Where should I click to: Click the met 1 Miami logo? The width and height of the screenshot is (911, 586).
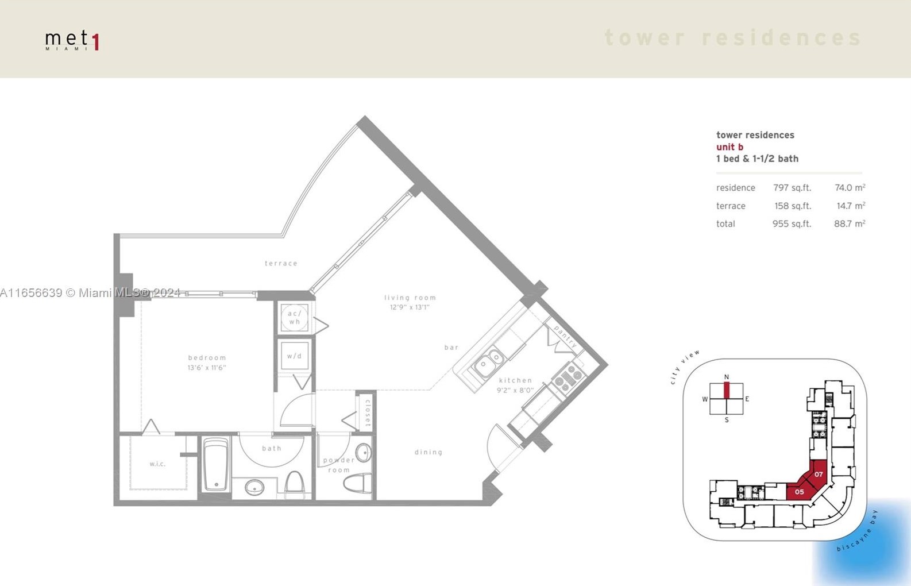click(72, 40)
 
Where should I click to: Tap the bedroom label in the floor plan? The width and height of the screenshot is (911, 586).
click(207, 357)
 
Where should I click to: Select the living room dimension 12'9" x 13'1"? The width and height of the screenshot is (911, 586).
click(409, 307)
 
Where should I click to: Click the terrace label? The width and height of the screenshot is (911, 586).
click(281, 263)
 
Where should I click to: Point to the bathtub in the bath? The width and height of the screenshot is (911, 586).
click(216, 464)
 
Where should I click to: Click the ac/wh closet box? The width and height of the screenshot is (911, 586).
click(294, 317)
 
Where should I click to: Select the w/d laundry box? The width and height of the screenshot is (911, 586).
click(294, 356)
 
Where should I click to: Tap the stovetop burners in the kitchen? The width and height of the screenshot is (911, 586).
click(569, 378)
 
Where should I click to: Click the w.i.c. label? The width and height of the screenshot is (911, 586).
click(157, 464)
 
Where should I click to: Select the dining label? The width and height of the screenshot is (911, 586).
click(429, 452)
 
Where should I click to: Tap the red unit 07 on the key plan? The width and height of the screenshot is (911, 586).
click(819, 474)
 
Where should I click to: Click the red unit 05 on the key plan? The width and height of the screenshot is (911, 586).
click(799, 492)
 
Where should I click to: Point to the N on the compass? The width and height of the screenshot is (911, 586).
click(727, 377)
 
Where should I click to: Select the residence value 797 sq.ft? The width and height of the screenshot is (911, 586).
click(792, 188)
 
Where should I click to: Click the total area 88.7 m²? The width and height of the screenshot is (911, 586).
click(849, 224)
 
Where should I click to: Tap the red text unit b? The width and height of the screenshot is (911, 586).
click(729, 147)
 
